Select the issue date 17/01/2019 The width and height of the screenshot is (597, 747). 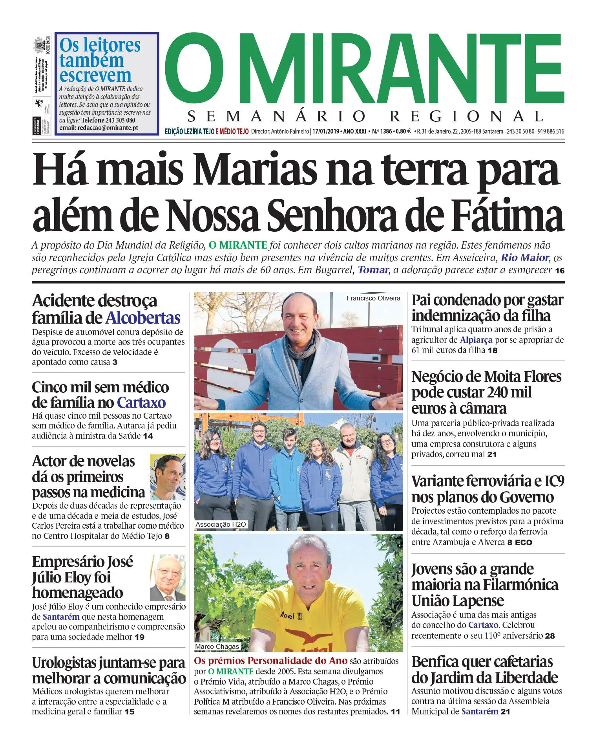pos(326,131)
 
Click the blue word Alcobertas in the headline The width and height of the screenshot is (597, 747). pos(143,318)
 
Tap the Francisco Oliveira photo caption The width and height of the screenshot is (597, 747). pos(373,298)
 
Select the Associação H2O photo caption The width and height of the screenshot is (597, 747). pos(221,524)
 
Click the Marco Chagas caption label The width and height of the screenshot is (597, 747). pos(217,646)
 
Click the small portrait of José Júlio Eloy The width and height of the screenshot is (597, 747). pos(168,577)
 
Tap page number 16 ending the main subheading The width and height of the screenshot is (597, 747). pos(559,271)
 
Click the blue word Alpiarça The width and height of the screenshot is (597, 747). pos(476,340)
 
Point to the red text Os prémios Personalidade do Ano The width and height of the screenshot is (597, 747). pos(270,661)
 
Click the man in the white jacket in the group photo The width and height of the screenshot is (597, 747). pos(351,471)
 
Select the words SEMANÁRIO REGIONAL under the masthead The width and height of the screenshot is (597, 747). pos(365,117)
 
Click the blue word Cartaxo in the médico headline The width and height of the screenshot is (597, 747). pos(141,403)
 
